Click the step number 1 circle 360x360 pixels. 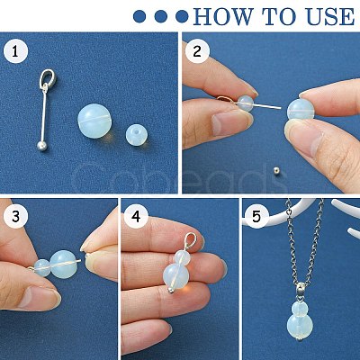(15, 51)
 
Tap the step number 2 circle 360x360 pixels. (197, 51)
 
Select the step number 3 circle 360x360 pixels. (15, 217)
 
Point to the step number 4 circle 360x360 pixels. (136, 217)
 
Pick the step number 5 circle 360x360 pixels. (256, 217)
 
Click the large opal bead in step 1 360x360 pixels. (94, 121)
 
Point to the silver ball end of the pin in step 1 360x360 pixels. (42, 146)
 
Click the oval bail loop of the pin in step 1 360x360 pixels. (48, 78)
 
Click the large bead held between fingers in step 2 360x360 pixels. (300, 110)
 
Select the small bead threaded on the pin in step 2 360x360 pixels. (246, 103)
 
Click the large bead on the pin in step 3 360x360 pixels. (63, 265)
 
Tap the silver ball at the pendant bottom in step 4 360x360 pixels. (170, 290)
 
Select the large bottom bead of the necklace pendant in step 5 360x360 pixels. (300, 326)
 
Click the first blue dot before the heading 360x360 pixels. (139, 16)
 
